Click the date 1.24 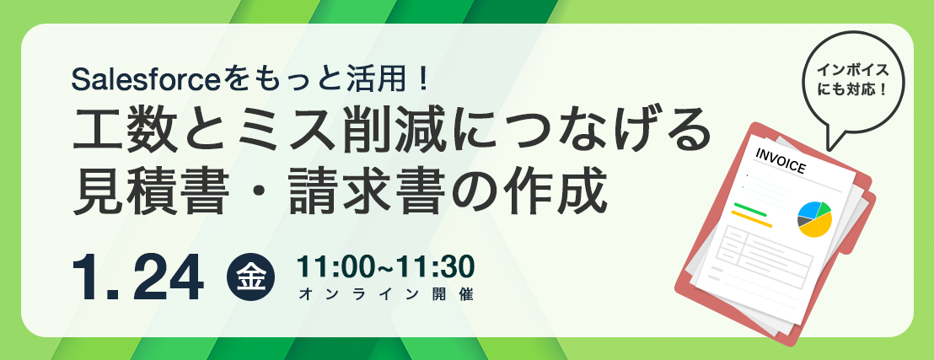(138, 278)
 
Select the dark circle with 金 (250, 277)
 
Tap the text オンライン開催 (386, 294)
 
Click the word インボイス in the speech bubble (853, 70)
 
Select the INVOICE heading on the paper (781, 160)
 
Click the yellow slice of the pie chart (818, 225)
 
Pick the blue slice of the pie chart (809, 209)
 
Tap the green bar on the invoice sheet (750, 209)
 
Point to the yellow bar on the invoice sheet (752, 218)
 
